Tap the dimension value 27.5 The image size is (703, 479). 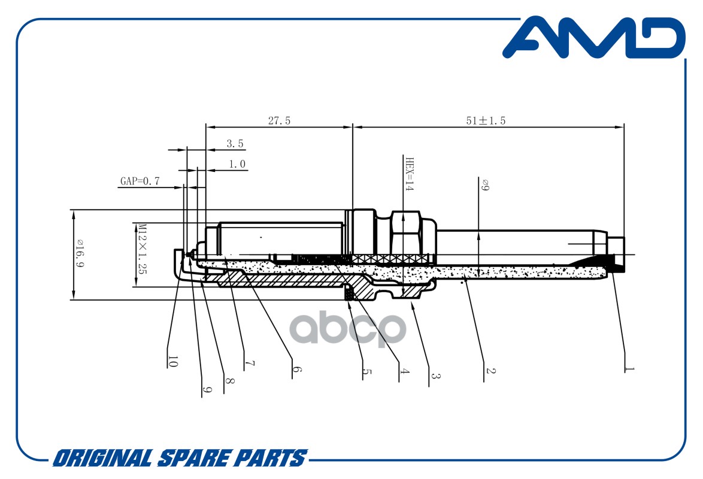click(279, 120)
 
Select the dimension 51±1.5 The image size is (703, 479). click(486, 120)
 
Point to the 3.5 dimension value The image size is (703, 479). click(235, 144)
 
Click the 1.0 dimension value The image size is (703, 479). click(237, 164)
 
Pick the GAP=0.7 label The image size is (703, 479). click(140, 181)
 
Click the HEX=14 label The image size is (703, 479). click(409, 174)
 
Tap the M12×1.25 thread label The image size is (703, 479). click(143, 248)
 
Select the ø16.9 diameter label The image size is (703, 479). click(80, 254)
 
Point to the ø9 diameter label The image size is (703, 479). click(485, 185)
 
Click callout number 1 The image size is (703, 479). click(629, 369)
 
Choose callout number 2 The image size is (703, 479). click(490, 371)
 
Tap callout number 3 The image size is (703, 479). click(435, 375)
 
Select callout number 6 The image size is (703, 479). click(296, 369)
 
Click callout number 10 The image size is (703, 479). click(172, 362)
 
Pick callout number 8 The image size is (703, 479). click(229, 381)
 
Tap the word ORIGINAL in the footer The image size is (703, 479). click(103, 459)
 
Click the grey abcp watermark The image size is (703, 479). click(348, 329)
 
